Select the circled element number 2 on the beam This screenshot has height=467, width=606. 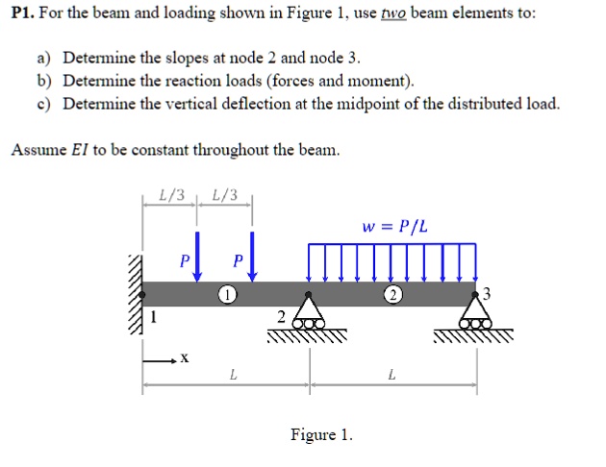(392, 294)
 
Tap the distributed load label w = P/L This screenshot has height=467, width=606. (394, 227)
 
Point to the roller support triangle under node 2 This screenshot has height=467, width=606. (308, 311)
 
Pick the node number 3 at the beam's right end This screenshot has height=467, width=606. (488, 294)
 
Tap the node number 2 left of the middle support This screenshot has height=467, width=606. (280, 317)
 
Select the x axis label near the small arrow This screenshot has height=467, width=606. (185, 358)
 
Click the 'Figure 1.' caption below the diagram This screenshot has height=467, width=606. (321, 435)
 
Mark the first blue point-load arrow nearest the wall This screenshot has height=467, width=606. (197, 255)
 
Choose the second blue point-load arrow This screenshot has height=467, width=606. (251, 255)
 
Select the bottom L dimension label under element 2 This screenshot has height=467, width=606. (391, 375)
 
